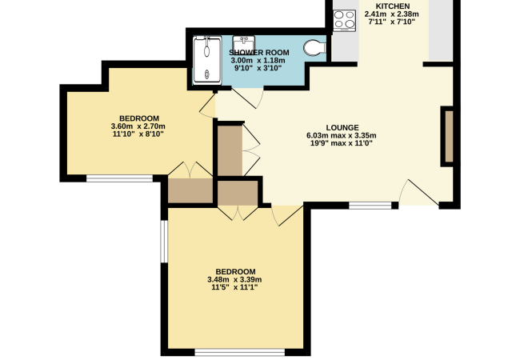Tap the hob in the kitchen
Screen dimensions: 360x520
345,19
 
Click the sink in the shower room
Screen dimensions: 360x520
243,43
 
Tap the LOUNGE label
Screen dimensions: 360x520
341,126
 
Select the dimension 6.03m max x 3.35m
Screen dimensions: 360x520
341,135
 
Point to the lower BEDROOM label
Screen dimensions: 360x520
235,270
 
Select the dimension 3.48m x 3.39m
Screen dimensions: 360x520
235,279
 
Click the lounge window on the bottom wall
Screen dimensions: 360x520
369,206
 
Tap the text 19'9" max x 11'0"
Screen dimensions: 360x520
341,144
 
